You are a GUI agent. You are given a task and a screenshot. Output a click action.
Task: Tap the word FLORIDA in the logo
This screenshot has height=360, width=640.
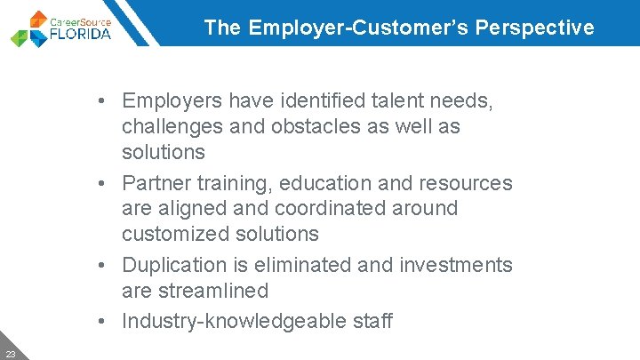(80, 34)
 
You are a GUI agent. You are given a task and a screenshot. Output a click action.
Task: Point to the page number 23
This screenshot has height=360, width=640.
(11, 354)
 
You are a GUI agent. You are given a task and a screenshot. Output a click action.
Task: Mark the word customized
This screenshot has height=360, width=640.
(176, 234)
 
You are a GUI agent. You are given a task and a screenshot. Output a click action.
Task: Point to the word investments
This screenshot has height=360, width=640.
(459, 265)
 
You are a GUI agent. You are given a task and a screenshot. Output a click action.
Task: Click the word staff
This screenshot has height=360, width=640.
(369, 321)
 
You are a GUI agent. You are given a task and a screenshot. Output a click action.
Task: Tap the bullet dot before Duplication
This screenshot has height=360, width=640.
(105, 265)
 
